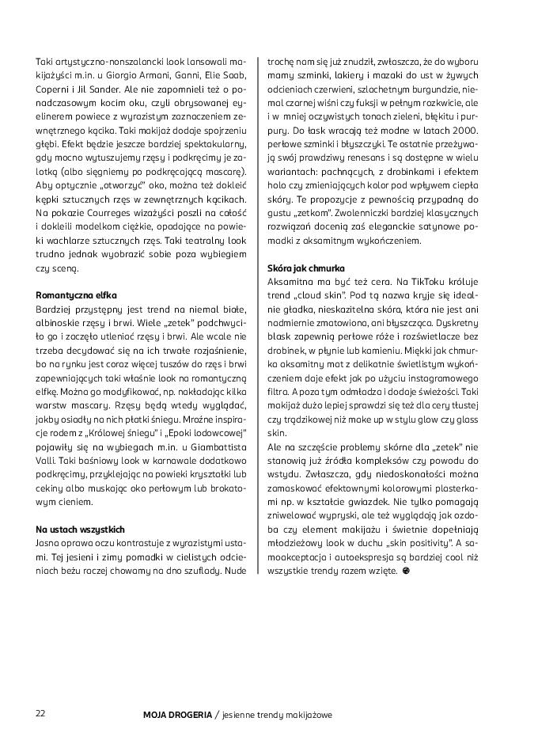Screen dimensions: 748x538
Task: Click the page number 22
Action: tap(40, 713)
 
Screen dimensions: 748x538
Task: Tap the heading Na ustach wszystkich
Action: tap(80, 528)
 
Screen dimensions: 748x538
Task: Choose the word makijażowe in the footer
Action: tap(305, 714)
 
